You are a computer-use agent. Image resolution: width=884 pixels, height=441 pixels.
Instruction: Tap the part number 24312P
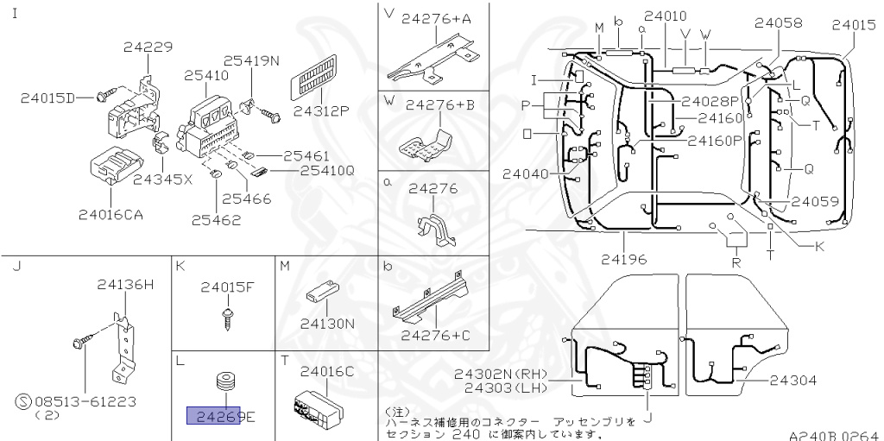click(320, 110)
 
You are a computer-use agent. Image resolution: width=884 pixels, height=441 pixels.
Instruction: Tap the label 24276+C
click(440, 335)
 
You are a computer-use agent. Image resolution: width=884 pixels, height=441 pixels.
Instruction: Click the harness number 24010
click(666, 16)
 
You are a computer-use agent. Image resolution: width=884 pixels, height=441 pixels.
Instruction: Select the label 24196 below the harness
click(625, 258)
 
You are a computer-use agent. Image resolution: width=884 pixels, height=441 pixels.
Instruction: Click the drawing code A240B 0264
click(832, 435)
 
